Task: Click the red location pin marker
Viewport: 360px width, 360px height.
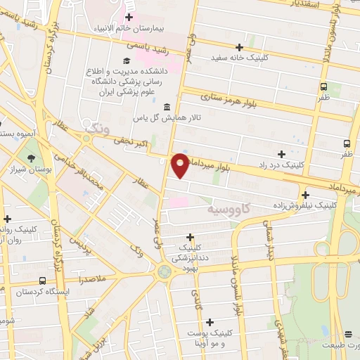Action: click(x=180, y=165)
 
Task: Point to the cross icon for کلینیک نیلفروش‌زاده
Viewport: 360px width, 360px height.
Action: click(x=306, y=195)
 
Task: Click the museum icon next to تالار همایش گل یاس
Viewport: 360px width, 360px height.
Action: click(x=166, y=107)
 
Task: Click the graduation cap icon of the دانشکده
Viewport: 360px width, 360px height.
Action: click(x=126, y=60)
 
